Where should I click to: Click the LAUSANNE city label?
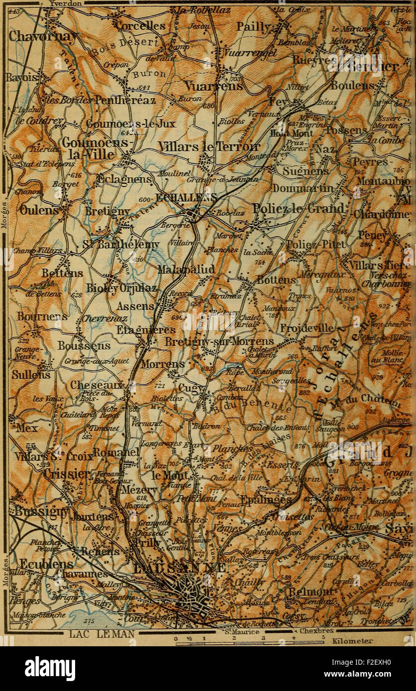click(x=180, y=567)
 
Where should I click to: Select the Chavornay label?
click(x=36, y=36)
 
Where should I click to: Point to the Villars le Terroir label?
click(x=208, y=146)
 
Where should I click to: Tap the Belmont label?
click(x=310, y=592)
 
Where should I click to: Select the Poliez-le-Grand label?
click(x=299, y=208)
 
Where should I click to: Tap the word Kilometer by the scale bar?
click(x=354, y=641)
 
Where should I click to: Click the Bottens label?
click(x=276, y=280)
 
